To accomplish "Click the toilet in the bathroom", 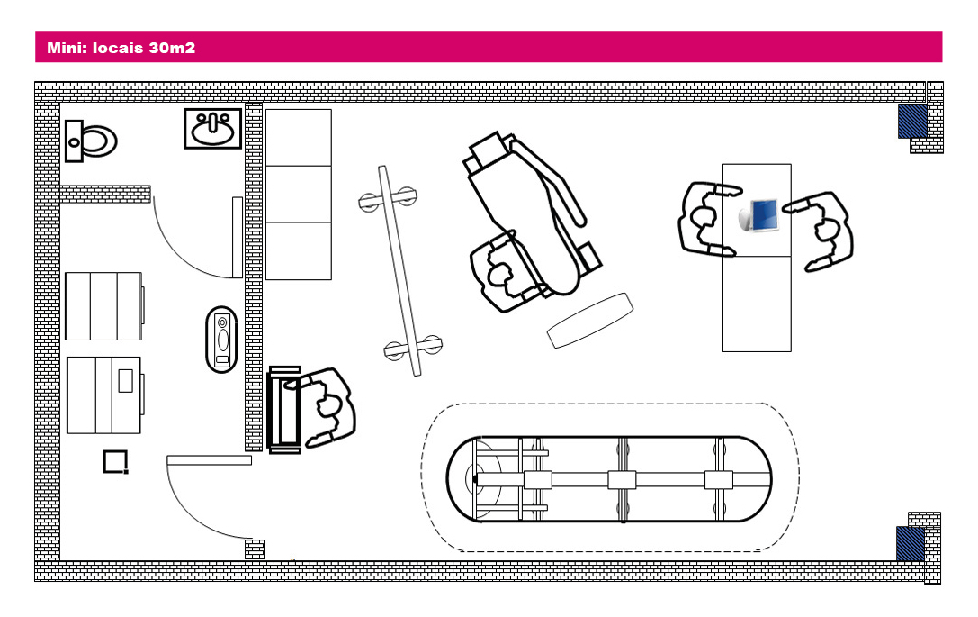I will tap(91, 141).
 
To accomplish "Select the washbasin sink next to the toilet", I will tap(213, 128).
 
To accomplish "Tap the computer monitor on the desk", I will tap(760, 214).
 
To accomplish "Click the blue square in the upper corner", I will tap(912, 121).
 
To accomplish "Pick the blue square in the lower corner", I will tap(911, 542).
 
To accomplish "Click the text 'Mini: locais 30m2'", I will tap(121, 48).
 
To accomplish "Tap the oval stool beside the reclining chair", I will tap(589, 320).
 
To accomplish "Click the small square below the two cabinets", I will tap(116, 462).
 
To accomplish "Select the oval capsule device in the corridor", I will tap(222, 339).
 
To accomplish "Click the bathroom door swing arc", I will tap(184, 243).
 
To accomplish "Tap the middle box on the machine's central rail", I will tap(622, 479).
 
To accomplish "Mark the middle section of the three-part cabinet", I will tap(299, 194).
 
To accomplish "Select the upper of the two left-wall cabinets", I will tap(103, 306).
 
